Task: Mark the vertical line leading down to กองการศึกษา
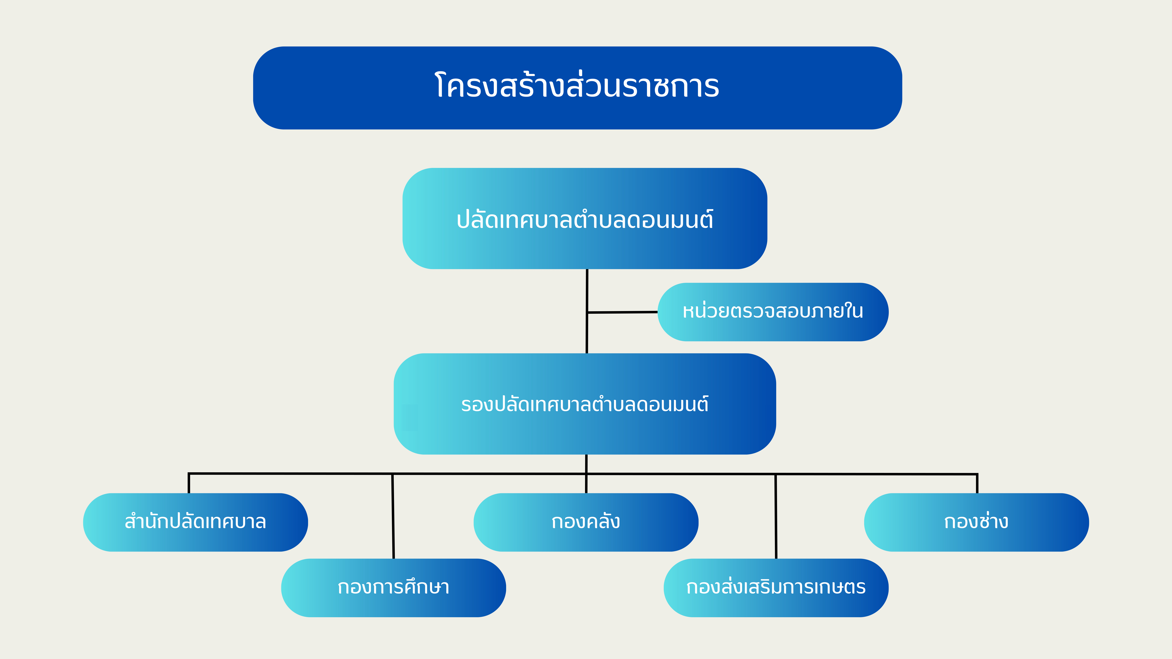[x=393, y=516]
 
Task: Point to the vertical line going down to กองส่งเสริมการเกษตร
[x=776, y=516]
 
